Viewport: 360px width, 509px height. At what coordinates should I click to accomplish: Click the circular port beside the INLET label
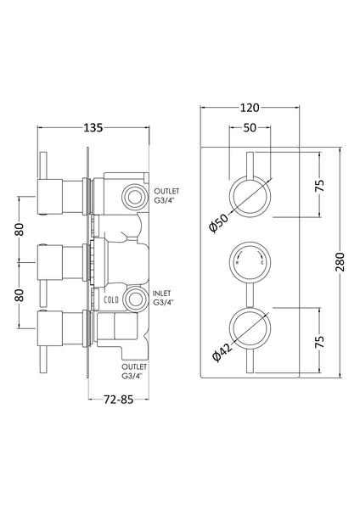click(x=132, y=298)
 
